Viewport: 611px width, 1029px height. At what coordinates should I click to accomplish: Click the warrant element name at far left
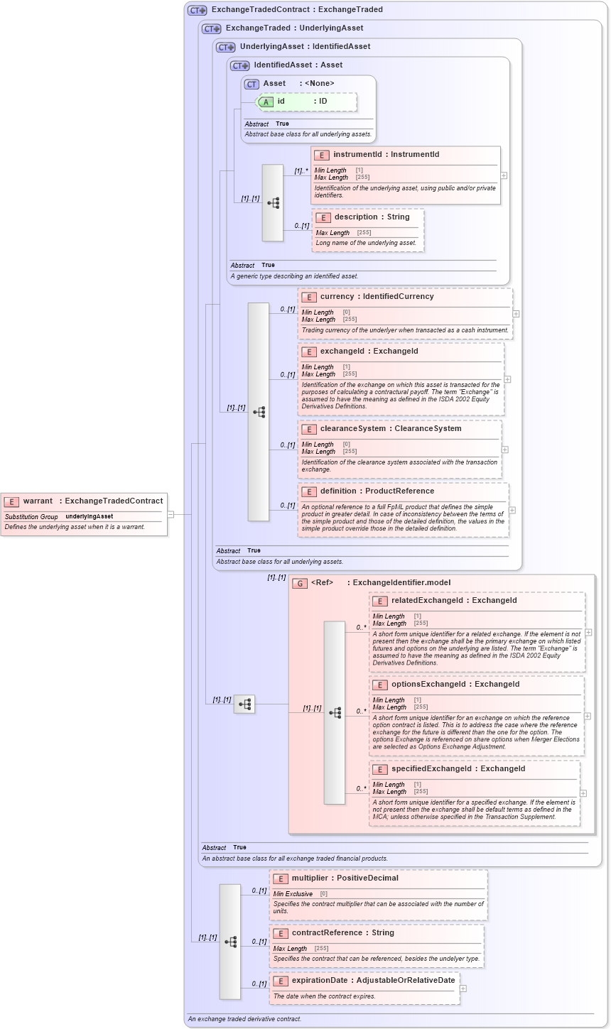tap(38, 501)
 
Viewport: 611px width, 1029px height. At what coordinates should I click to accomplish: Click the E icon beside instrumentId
tap(322, 155)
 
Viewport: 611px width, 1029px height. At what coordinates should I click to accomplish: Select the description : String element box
tap(368, 229)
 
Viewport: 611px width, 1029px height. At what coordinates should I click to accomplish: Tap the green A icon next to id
tap(266, 102)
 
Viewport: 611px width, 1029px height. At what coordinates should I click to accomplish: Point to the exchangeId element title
tap(369, 352)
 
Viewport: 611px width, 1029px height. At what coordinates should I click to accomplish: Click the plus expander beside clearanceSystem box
tap(505, 449)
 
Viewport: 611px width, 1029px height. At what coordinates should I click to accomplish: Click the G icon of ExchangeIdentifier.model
tap(300, 583)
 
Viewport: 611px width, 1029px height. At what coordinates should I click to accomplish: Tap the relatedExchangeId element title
tap(454, 601)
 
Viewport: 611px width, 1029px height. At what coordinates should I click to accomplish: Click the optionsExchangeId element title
tap(455, 685)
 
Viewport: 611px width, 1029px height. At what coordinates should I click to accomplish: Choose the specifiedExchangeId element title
tap(458, 769)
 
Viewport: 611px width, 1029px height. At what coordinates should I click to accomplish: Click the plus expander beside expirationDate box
tap(463, 988)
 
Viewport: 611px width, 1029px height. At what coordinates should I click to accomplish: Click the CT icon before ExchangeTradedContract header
tap(197, 10)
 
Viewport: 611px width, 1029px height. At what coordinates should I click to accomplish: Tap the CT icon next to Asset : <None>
tap(252, 84)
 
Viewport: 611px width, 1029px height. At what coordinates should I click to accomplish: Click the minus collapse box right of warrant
tap(171, 514)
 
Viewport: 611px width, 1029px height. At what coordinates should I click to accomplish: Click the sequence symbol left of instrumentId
tap(273, 202)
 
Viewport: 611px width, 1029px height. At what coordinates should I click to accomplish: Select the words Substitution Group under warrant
tap(31, 516)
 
